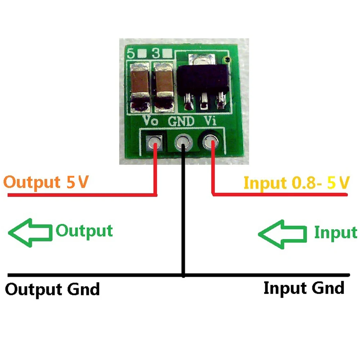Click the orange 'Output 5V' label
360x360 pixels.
(46, 182)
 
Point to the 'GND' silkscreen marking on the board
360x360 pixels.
(181, 121)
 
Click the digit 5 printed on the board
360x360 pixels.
(131, 54)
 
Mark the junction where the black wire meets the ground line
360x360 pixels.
(184, 275)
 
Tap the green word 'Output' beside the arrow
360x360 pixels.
(84, 230)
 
